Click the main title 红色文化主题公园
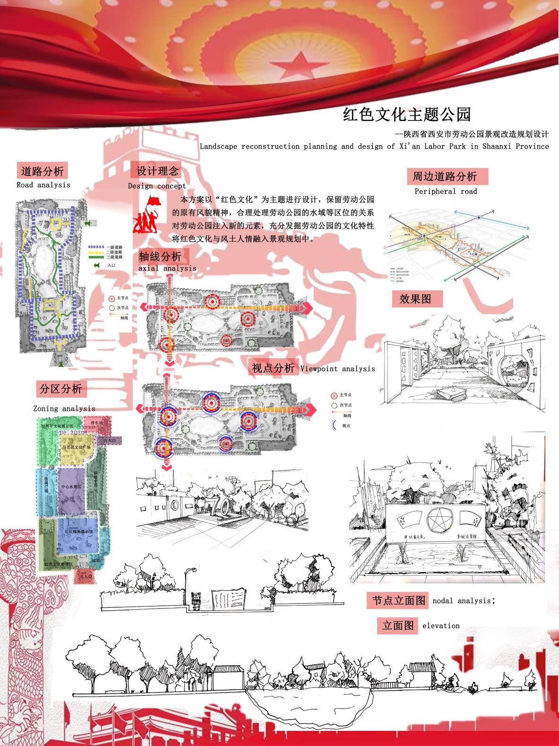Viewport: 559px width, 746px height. [407, 114]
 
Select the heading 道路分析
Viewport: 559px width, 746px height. [42, 171]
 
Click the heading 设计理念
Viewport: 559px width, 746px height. [157, 171]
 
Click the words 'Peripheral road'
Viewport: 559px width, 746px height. [446, 191]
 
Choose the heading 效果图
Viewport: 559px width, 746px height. [415, 299]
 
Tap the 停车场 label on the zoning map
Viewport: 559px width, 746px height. [97, 423]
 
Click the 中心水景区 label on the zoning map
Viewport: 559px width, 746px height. [71, 487]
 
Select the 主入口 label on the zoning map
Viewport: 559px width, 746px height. [86, 576]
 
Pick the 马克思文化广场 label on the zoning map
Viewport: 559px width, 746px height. [76, 447]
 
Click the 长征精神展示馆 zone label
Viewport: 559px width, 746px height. [78, 532]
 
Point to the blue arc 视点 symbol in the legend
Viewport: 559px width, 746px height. [334, 425]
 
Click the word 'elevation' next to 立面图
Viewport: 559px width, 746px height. [441, 626]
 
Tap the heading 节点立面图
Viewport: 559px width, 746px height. [399, 600]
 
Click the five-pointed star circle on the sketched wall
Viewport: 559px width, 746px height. [439, 520]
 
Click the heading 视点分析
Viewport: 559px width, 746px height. [273, 368]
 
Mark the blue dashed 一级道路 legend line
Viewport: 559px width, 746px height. [96, 247]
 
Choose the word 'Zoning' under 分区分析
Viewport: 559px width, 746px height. [46, 408]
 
